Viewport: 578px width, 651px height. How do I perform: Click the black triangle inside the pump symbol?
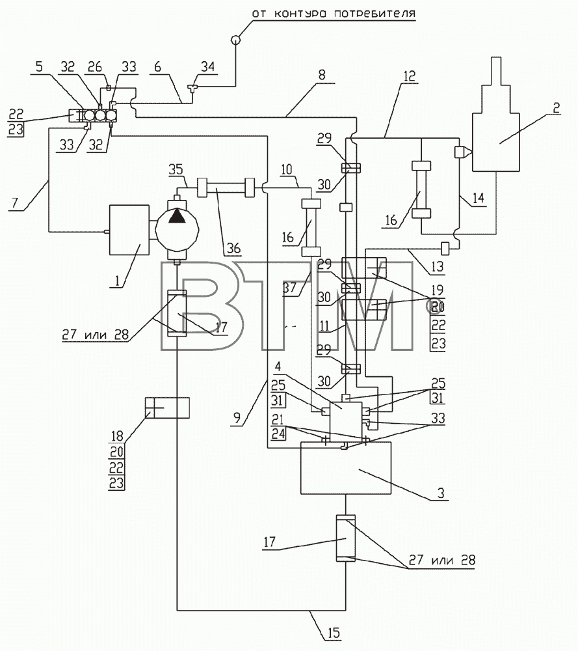point(177,216)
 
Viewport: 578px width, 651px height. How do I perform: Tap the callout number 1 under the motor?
point(117,281)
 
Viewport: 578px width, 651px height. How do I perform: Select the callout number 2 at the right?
point(556,108)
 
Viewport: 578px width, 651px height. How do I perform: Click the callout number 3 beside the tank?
point(441,493)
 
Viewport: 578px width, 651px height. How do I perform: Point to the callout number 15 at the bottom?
point(334,633)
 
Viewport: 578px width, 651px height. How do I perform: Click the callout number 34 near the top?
point(208,66)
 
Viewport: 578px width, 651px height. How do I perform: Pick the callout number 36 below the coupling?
point(234,248)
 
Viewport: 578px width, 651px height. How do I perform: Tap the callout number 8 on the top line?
point(322,75)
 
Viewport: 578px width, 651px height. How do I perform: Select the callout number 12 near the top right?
point(409,76)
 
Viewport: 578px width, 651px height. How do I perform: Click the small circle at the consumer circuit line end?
point(235,40)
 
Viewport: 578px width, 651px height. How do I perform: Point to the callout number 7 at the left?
point(15,203)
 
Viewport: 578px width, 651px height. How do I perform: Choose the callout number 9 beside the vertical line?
point(237,417)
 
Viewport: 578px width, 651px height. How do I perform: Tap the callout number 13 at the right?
point(437,266)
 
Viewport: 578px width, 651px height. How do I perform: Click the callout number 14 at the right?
point(478,198)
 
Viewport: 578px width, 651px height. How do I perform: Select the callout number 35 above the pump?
point(176,169)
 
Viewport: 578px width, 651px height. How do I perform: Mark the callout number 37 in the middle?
point(290,287)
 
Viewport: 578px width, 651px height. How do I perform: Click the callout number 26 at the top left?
point(95,66)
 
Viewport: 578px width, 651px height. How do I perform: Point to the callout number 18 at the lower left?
point(117,436)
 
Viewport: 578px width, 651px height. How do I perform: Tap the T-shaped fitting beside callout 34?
point(192,88)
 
